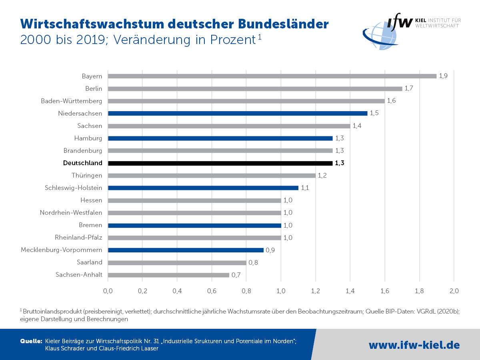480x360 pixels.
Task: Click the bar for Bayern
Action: click(272, 76)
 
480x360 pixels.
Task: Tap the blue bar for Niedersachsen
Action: click(238, 113)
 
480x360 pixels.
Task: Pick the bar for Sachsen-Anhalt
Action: click(168, 275)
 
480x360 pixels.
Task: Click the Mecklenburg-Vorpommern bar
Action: click(186, 250)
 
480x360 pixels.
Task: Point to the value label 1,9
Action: click(443, 76)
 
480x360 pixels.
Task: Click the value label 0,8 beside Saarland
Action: click(253, 262)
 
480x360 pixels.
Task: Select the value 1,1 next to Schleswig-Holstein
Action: click(305, 188)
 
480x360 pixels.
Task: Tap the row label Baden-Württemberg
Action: click(72, 101)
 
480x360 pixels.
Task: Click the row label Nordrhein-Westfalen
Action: click(71, 213)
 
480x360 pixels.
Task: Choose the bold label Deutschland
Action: click(83, 163)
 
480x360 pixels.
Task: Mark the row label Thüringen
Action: click(87, 176)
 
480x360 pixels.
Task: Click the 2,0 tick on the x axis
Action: click(454, 291)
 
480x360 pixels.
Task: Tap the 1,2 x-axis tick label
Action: click(316, 291)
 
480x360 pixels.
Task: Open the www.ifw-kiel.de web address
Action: click(414, 345)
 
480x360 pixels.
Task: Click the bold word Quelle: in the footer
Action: click(31, 341)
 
